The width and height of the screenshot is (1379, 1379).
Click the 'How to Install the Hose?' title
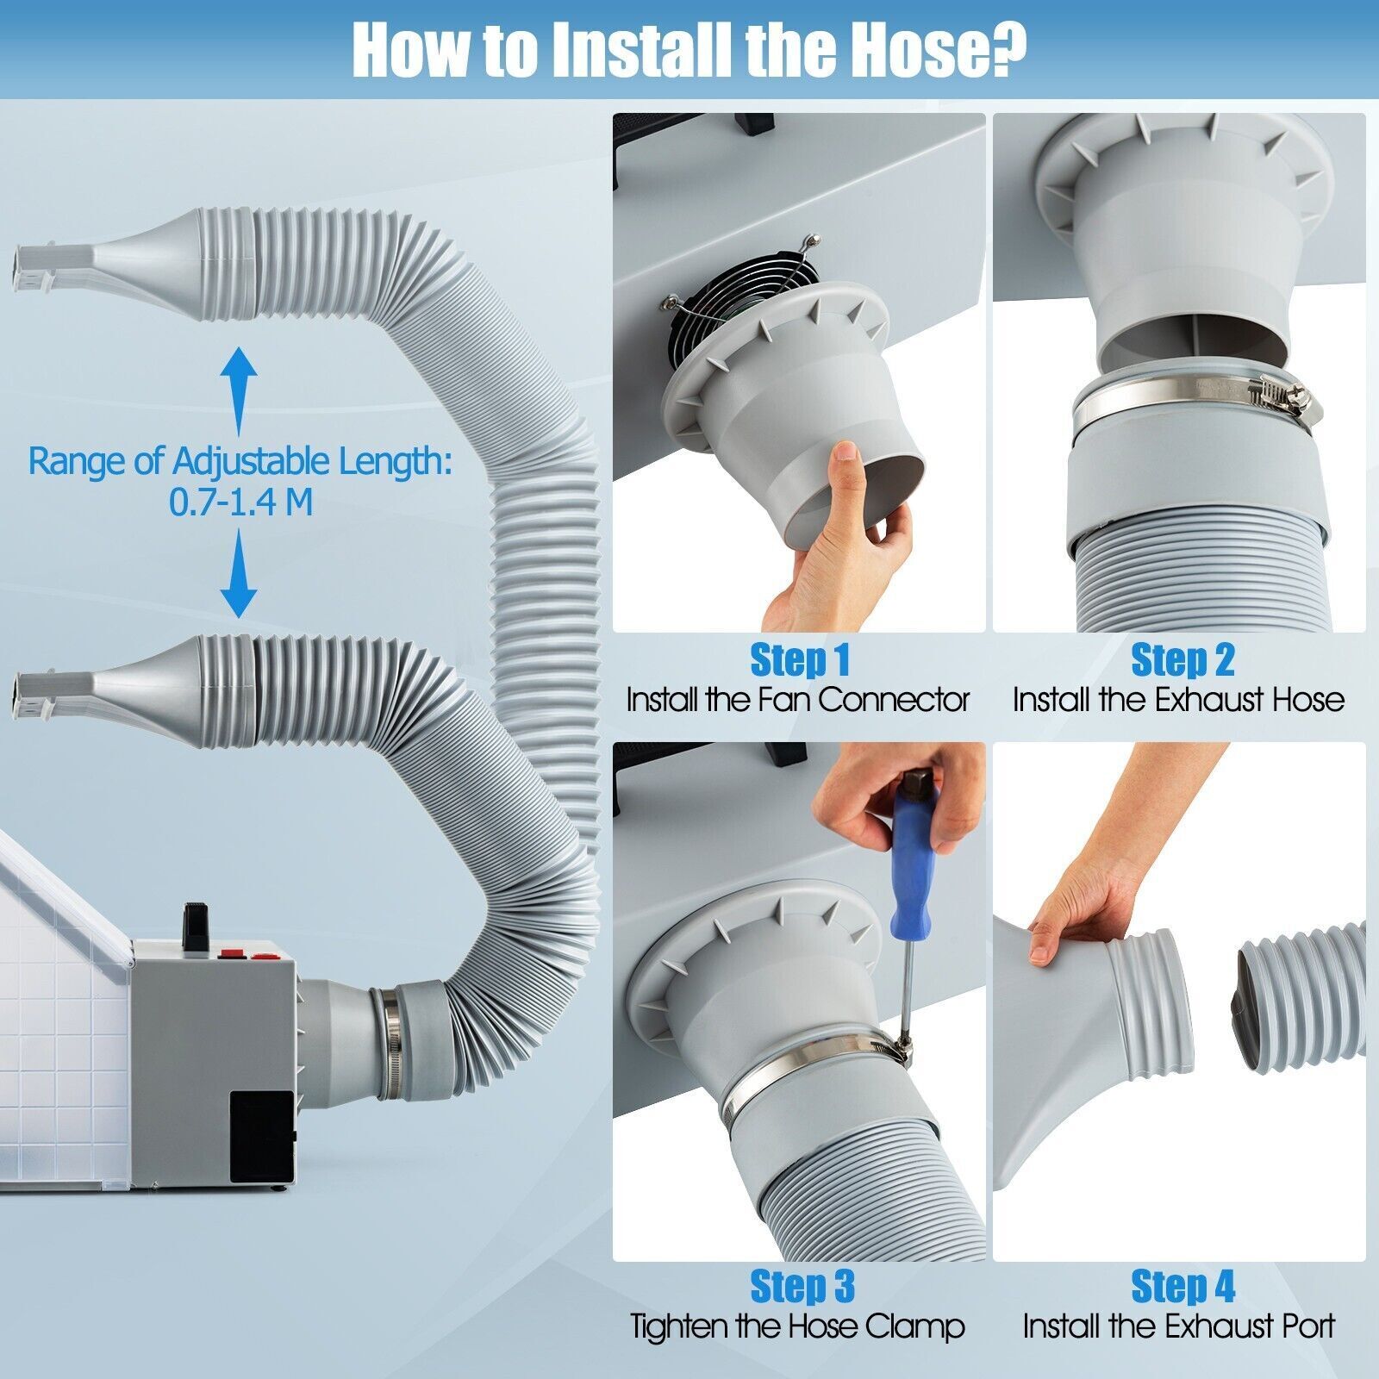tap(689, 49)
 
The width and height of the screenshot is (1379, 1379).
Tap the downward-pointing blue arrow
tap(239, 574)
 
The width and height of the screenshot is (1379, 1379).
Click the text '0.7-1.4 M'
tap(240, 502)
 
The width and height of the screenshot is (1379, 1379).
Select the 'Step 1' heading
tap(800, 660)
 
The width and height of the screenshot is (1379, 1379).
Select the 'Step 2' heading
tap(1182, 660)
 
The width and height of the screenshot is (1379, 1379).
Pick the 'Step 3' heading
tap(802, 1286)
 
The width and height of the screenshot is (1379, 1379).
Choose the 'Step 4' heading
tap(1182, 1286)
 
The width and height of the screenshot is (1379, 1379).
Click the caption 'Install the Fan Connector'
tap(798, 699)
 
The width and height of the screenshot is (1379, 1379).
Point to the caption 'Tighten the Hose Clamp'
tap(797, 1326)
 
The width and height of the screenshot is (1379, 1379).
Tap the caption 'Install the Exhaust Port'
tap(1179, 1326)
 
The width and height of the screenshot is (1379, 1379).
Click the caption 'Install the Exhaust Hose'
tap(1179, 699)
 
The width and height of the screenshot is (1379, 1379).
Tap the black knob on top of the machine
tap(194, 925)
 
